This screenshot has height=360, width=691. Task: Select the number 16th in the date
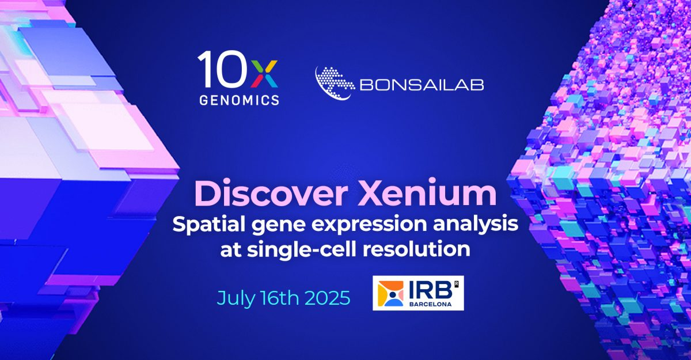click(x=279, y=299)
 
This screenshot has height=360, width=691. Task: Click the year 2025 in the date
click(x=329, y=299)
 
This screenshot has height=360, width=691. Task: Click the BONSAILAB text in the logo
click(x=421, y=85)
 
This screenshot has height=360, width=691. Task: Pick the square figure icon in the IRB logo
click(x=393, y=294)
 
